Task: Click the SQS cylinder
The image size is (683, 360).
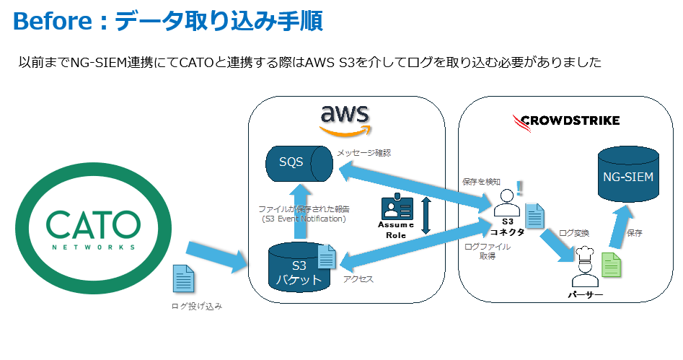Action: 299,163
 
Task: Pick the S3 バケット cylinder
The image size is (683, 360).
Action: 297,268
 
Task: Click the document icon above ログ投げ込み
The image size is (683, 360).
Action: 184,278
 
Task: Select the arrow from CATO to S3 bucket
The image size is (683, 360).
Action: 216,255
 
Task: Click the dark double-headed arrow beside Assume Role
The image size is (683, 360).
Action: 426,216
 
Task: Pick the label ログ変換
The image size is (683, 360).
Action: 574,233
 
